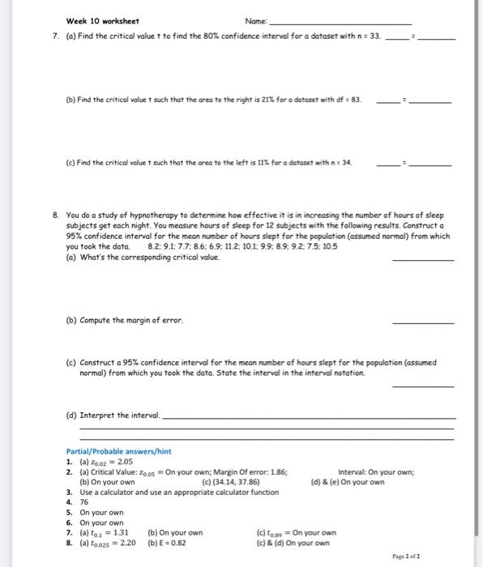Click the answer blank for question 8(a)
point(422,259)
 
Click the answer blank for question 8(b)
point(422,322)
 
